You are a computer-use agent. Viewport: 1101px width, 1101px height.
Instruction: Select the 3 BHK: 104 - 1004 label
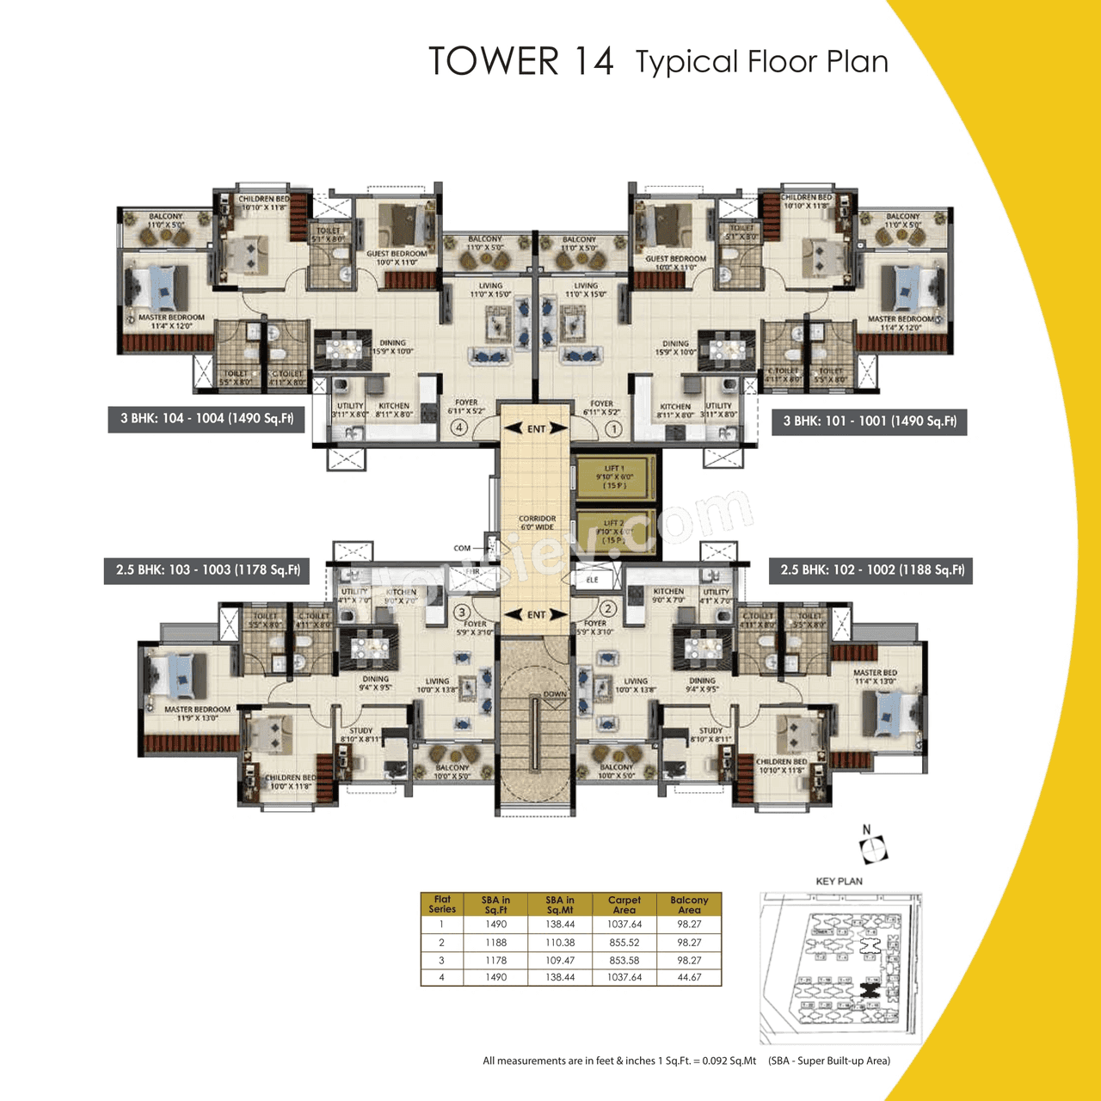point(206,419)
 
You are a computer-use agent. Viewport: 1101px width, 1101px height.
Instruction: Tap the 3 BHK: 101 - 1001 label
point(869,421)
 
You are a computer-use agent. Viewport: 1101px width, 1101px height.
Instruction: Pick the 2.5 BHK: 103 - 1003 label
point(207,570)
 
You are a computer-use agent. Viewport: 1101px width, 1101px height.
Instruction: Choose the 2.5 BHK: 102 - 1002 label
point(871,570)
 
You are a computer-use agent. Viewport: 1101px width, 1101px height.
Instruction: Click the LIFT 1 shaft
point(614,477)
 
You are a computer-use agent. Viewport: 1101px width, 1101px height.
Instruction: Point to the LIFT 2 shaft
point(614,532)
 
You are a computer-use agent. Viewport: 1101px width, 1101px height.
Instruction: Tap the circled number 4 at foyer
point(459,427)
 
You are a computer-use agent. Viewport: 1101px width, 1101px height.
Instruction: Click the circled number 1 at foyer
point(613,427)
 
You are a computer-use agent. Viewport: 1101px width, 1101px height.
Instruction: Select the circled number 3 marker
point(462,612)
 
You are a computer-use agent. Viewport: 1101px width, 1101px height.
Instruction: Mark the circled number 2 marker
point(608,609)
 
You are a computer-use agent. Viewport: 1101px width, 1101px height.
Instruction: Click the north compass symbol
point(873,846)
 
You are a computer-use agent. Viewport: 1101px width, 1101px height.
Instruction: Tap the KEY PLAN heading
point(839,881)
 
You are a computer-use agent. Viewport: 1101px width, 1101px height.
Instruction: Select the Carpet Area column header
point(624,905)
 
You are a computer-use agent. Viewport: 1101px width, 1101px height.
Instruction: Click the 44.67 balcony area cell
point(689,977)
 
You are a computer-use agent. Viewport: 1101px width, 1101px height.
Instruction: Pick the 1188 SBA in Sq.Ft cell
point(495,943)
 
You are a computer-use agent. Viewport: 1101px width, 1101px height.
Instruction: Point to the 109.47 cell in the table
point(560,960)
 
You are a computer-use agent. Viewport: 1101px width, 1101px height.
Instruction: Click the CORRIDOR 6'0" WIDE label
point(537,523)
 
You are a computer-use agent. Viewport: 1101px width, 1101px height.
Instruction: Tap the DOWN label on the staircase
point(555,694)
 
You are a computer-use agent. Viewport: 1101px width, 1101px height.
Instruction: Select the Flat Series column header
point(442,905)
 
